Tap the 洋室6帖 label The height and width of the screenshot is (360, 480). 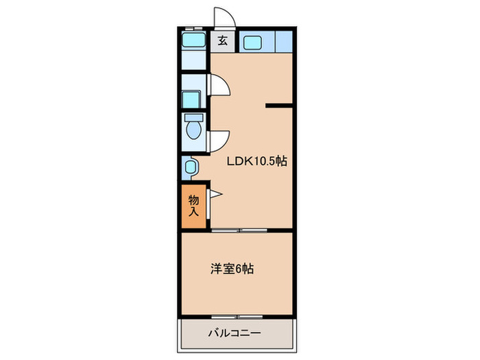tap(232, 269)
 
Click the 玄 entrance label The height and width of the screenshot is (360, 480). tap(223, 40)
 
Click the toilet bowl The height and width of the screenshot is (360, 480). tap(192, 129)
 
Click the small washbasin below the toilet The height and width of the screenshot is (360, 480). tap(191, 166)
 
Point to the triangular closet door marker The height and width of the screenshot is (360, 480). tap(214, 195)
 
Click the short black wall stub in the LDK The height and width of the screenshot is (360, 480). tap(280, 106)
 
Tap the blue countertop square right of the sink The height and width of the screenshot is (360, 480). tap(283, 42)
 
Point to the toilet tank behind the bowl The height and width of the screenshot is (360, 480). tap(192, 118)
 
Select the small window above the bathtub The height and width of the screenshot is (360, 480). tap(195, 27)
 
